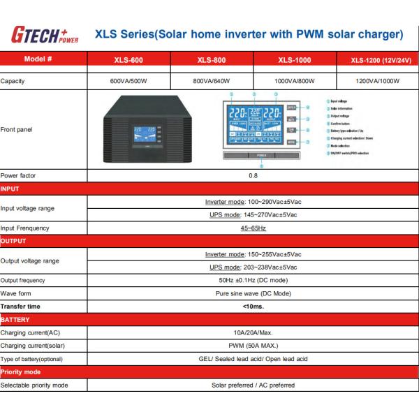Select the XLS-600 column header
click(128, 60)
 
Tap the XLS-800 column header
click(210, 60)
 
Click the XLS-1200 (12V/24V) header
click(378, 60)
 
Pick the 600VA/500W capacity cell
click(128, 81)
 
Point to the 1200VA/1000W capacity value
click(378, 81)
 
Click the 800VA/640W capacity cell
click(210, 81)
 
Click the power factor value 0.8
click(253, 175)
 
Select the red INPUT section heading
click(10, 189)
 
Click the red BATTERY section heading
click(15, 319)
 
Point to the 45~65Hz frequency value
click(253, 228)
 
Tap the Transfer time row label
click(21, 306)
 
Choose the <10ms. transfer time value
click(253, 306)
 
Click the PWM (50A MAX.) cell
click(253, 345)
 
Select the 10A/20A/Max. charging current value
click(253, 332)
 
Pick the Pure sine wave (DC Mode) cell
click(253, 293)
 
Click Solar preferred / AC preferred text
click(253, 385)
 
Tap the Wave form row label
click(17, 293)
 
